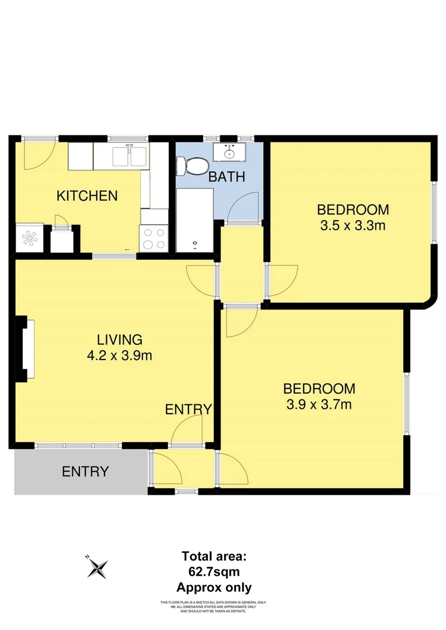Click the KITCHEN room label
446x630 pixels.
[x=87, y=196]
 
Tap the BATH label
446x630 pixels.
[x=227, y=177]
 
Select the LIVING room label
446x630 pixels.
[x=120, y=339]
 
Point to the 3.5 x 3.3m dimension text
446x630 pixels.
[x=353, y=225]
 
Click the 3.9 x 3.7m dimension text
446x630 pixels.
[x=319, y=404]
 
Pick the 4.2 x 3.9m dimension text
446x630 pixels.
[x=120, y=355]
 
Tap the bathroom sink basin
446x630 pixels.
[x=228, y=153]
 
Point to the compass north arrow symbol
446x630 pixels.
[x=97, y=566]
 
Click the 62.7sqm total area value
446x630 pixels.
[x=214, y=572]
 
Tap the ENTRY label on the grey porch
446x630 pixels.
[x=85, y=471]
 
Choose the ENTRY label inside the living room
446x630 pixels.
[x=188, y=409]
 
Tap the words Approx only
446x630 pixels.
[x=214, y=587]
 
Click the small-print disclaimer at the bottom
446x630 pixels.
[x=213, y=607]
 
